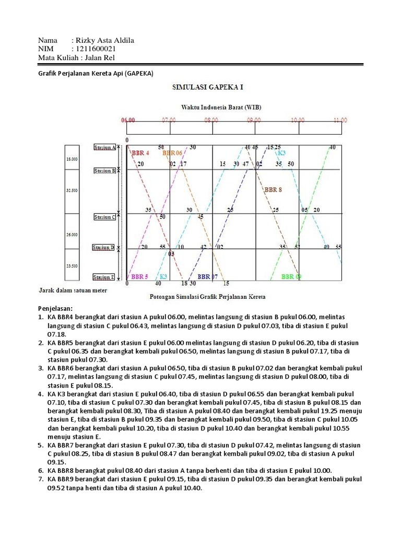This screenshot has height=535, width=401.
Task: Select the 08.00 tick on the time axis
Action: [211, 120]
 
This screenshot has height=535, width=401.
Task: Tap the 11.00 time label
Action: [340, 120]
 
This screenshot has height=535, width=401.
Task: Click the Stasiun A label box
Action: [104, 148]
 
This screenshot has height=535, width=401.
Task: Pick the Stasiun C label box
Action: [104, 217]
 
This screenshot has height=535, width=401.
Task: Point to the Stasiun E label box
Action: [104, 277]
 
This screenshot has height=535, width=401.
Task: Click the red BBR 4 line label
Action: [140, 154]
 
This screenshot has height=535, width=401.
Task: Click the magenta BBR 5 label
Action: [139, 276]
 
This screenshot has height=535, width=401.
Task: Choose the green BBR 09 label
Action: [291, 276]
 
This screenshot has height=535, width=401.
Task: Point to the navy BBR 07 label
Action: [207, 276]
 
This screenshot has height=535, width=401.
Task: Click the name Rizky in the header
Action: [86, 41]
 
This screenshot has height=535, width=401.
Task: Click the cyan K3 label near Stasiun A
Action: [281, 153]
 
